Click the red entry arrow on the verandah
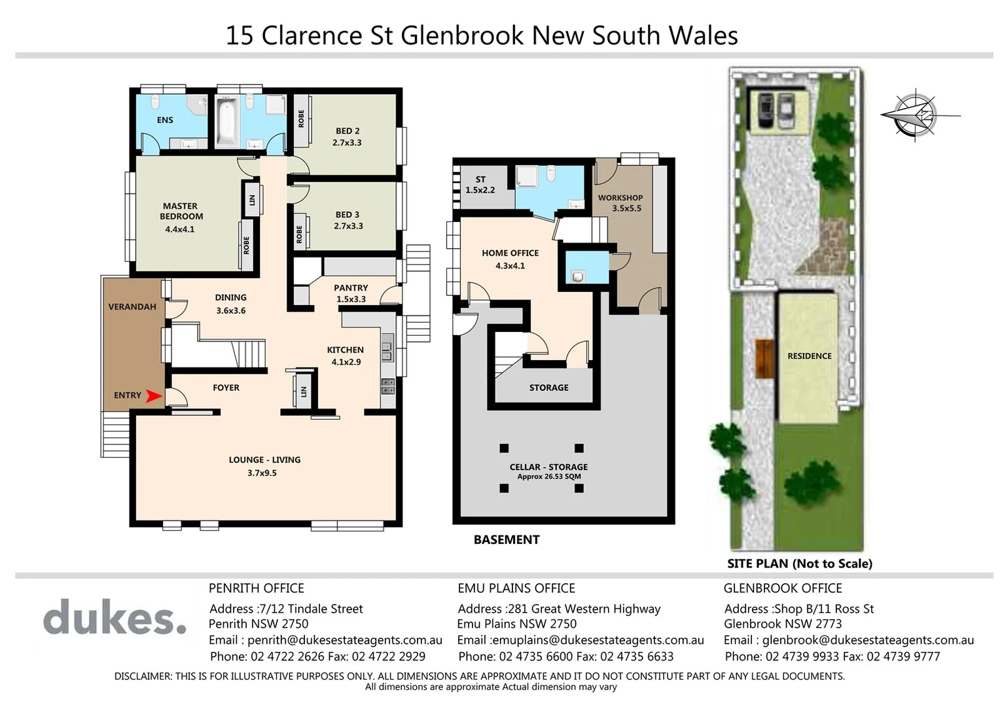153,395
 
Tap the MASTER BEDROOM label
181,211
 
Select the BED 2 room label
348,131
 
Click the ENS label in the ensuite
165,120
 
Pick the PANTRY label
351,287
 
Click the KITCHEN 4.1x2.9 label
346,355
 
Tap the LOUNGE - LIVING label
264,460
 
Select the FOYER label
226,388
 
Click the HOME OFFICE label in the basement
510,253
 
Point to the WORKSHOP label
620,198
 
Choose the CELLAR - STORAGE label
548,467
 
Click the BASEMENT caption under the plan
507,539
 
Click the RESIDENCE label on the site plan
810,356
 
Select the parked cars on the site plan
774,111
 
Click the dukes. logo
115,617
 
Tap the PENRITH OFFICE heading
256,588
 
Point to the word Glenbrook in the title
463,35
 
